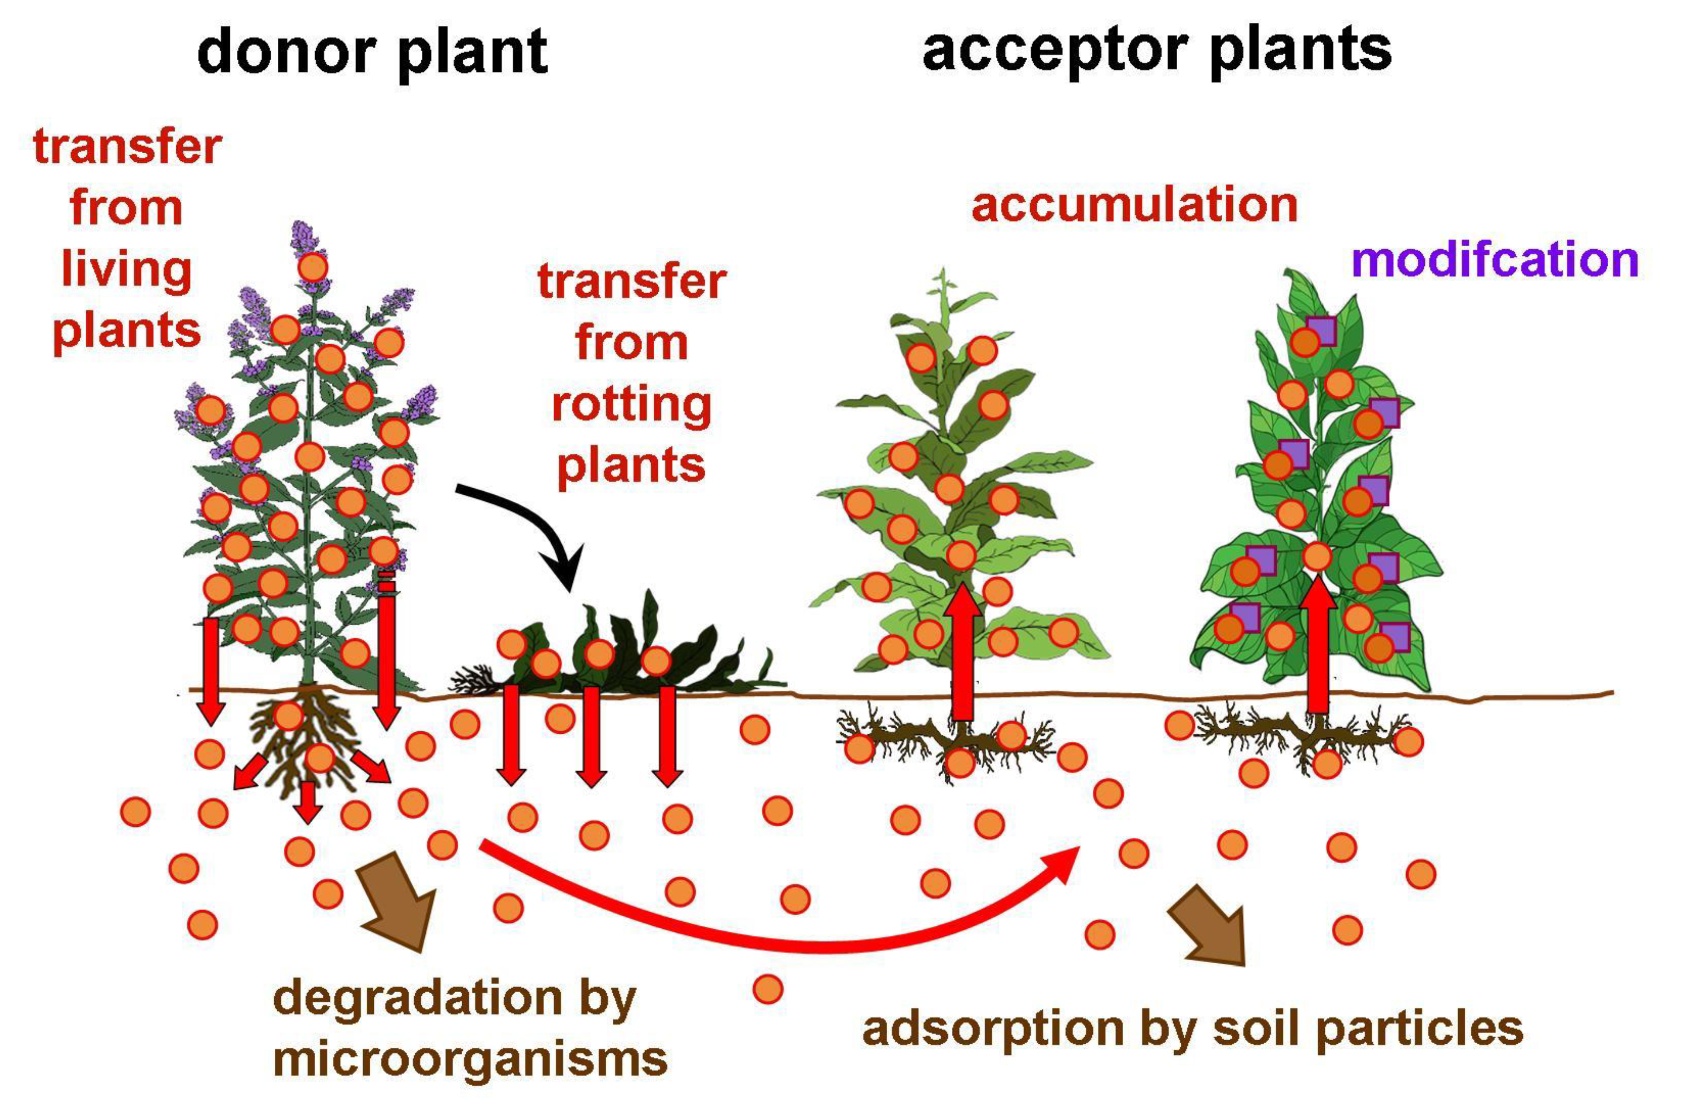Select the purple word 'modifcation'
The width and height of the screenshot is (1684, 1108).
point(1494,260)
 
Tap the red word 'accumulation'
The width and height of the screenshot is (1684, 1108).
point(1134,205)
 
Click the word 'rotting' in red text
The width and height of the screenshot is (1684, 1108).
point(631,405)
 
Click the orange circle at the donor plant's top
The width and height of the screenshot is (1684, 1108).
point(313,268)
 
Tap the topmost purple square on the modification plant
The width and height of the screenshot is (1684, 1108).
point(1320,331)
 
